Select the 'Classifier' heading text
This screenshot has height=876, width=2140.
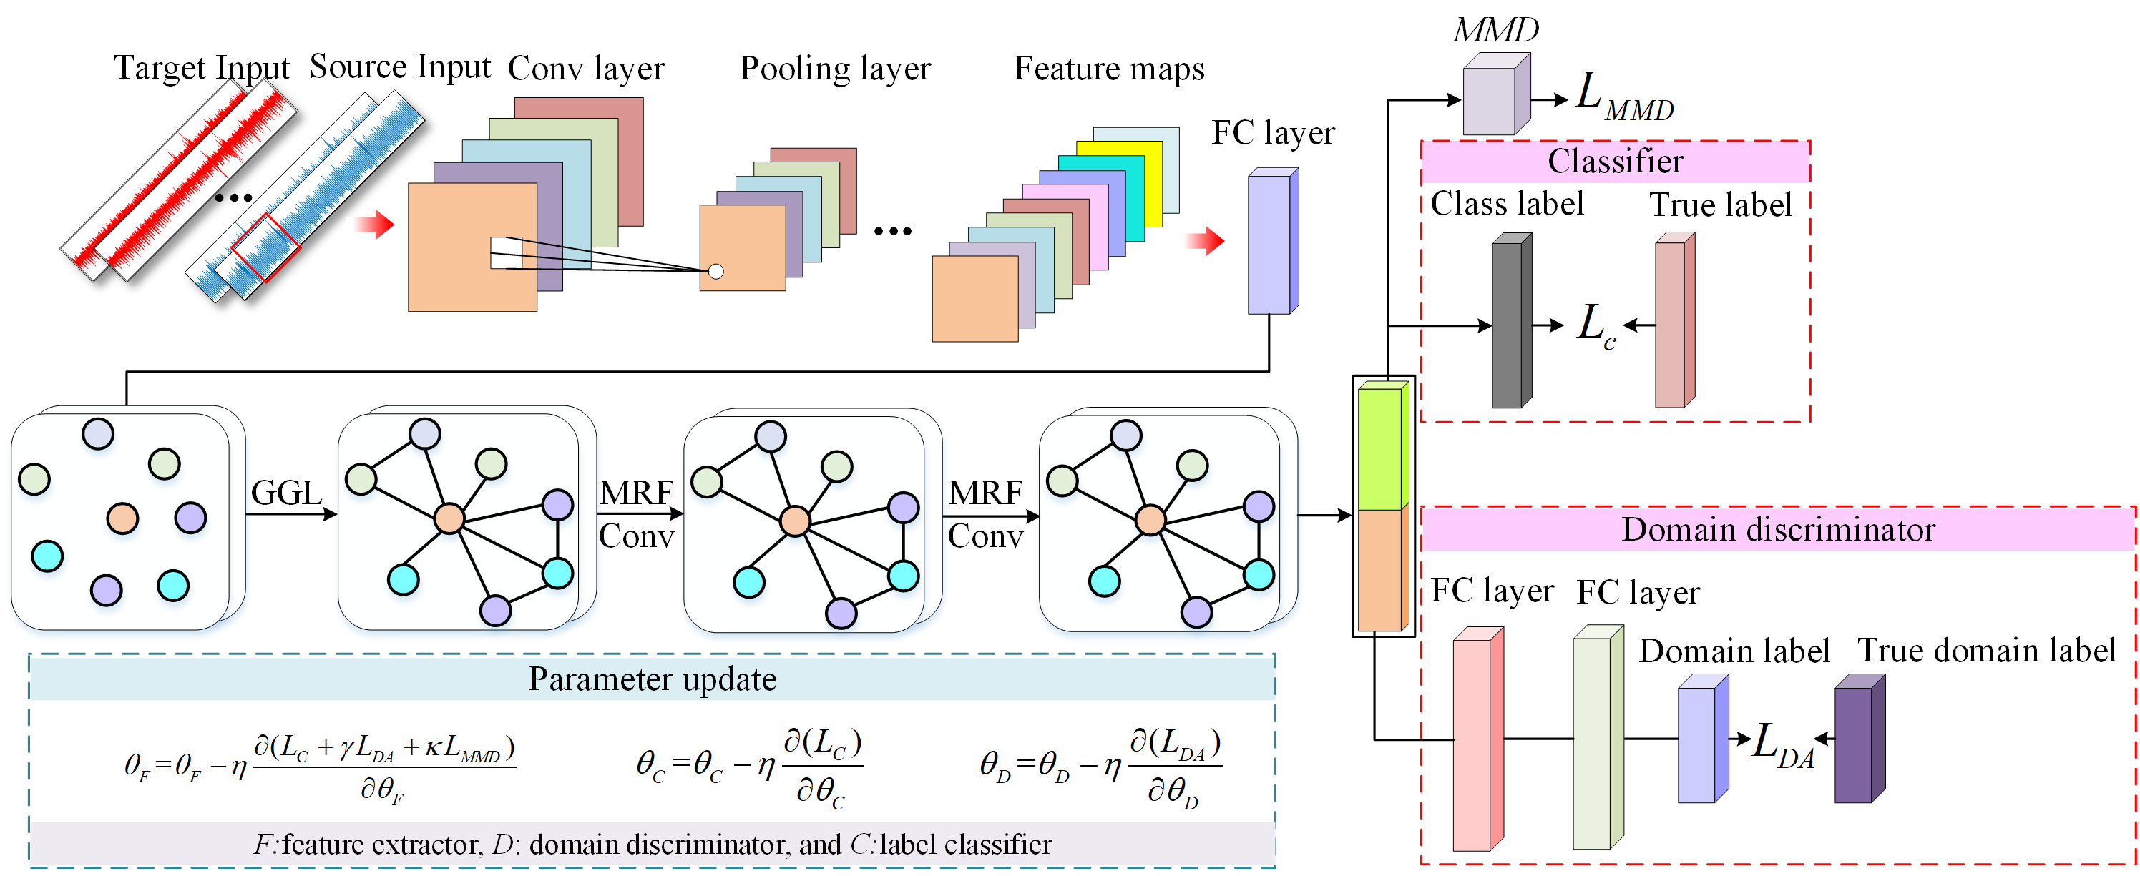(1615, 161)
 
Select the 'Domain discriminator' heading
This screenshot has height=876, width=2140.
(1778, 530)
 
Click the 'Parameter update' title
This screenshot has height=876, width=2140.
(652, 679)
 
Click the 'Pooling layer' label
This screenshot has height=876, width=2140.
(834, 69)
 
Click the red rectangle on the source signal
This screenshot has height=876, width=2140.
(265, 247)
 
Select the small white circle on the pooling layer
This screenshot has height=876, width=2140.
(715, 272)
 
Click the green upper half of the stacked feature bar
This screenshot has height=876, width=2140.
(1381, 448)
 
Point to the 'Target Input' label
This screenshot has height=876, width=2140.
(202, 68)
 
